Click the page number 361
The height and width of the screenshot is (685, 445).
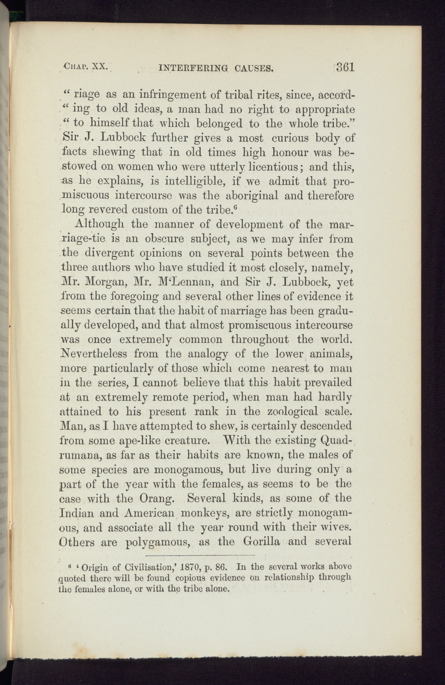coord(344,67)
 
